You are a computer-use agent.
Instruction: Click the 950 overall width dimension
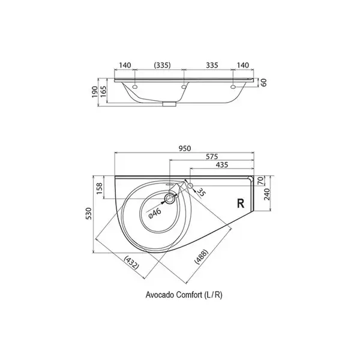point(185,149)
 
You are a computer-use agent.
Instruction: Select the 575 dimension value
point(212,157)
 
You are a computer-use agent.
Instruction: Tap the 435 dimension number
point(222,165)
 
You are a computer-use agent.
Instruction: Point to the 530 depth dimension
point(89,213)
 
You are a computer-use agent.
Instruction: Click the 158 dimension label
point(100,189)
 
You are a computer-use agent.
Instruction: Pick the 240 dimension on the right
point(267,194)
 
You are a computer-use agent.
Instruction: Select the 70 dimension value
point(261,181)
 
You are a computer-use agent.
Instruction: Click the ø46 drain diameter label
point(155,214)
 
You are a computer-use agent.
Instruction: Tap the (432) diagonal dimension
point(131,263)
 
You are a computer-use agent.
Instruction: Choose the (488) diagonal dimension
point(202,257)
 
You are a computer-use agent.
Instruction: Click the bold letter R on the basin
point(241,203)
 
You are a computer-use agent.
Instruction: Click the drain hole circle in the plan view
point(170,199)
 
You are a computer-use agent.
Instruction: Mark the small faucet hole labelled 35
point(190,185)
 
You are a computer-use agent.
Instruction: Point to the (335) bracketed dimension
point(163,65)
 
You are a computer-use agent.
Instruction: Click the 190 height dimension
point(95,92)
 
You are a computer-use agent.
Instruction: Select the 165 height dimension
point(103,91)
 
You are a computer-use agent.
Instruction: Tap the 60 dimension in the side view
point(264,82)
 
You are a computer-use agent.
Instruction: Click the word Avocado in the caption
point(160,295)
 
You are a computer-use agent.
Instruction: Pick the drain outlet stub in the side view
point(169,104)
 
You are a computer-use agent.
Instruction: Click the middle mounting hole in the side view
point(184,87)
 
